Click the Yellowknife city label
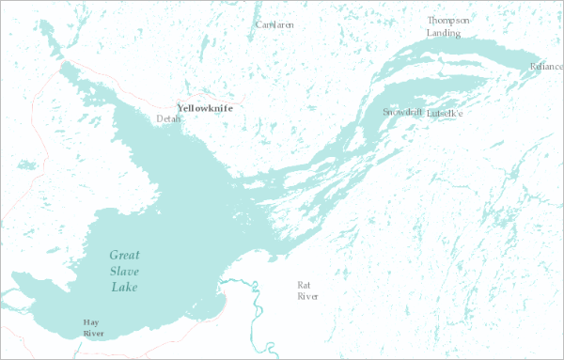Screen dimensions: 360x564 tap(205, 108)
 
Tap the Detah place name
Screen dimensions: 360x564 tap(168, 119)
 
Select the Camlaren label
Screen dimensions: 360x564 tap(273, 24)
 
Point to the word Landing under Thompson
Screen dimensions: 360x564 tap(444, 33)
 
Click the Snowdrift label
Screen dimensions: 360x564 tap(401, 113)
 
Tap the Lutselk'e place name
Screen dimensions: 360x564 tap(445, 114)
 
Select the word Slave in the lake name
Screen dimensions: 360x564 tap(124, 271)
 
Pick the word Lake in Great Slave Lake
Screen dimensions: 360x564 tap(124, 287)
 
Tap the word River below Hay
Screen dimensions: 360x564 tap(91, 333)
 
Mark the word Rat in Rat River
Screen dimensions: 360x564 tap(303, 285)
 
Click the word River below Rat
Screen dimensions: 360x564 tap(307, 296)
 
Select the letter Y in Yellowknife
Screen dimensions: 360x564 tap(180, 108)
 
